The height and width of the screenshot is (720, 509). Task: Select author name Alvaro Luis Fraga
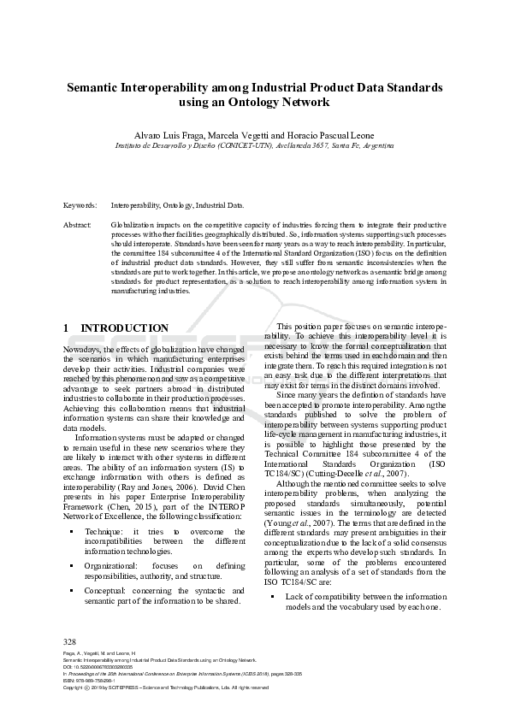click(x=168, y=136)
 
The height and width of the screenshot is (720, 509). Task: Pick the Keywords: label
click(x=80, y=206)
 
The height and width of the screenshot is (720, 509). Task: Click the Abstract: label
click(x=78, y=224)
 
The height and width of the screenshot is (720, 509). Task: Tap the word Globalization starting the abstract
click(x=134, y=224)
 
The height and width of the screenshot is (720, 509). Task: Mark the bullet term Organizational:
click(x=115, y=565)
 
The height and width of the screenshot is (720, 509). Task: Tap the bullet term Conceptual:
click(x=107, y=589)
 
